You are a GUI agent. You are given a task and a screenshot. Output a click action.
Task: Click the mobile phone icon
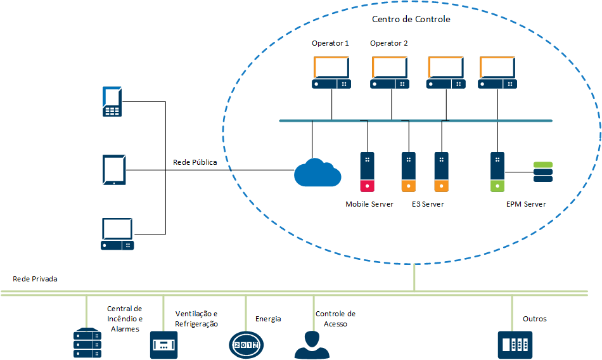coord(112,101)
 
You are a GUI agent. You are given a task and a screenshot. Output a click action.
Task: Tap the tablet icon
coord(114,170)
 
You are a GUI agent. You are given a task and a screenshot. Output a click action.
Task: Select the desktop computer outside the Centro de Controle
coord(117,233)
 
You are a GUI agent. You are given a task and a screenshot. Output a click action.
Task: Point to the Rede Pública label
coord(195,162)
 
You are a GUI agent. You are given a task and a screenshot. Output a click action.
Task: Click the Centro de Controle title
coord(411,19)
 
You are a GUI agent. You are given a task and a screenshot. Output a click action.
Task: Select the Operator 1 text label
coord(330,43)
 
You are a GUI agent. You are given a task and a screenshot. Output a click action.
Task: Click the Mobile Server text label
coord(369,204)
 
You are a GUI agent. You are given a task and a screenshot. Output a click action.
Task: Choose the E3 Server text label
coord(428,204)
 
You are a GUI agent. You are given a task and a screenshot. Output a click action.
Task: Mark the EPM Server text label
coord(526,204)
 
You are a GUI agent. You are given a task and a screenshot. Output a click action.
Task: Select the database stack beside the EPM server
coord(543,172)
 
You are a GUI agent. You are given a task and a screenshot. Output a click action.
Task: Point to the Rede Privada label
coord(35,279)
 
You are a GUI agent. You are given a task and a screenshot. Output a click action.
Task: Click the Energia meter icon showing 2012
coord(246,344)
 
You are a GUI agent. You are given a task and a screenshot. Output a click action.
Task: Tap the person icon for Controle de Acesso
coord(312,344)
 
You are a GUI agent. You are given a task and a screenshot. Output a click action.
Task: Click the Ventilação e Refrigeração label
coord(196,319)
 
